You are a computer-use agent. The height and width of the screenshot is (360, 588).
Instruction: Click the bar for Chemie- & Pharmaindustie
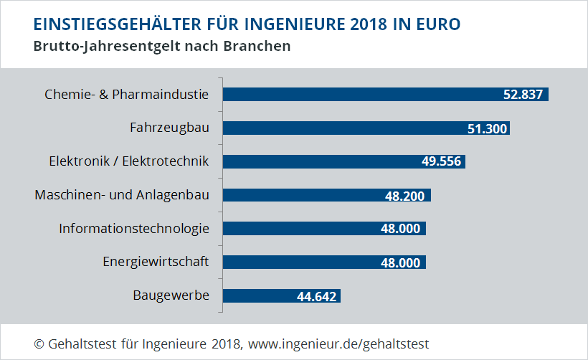coord(359,95)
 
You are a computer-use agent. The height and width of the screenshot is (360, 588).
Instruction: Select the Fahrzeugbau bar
coord(337,128)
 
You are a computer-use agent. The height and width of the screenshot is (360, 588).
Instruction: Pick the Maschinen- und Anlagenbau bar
coord(301,195)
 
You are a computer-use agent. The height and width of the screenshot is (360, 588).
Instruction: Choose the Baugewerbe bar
coord(258,295)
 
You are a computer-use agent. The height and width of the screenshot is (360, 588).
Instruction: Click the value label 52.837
coord(523,95)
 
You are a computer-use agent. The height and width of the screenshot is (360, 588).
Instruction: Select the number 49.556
coord(442,162)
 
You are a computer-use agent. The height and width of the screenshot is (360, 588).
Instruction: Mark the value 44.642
coord(316,296)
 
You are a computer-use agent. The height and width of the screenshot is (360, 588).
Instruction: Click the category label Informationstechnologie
coord(134,229)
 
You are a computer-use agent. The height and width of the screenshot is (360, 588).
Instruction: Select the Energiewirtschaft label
coord(156,262)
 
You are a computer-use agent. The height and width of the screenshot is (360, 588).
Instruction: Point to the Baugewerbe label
coord(171,295)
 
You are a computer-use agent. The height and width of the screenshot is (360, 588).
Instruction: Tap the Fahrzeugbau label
coord(169,128)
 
